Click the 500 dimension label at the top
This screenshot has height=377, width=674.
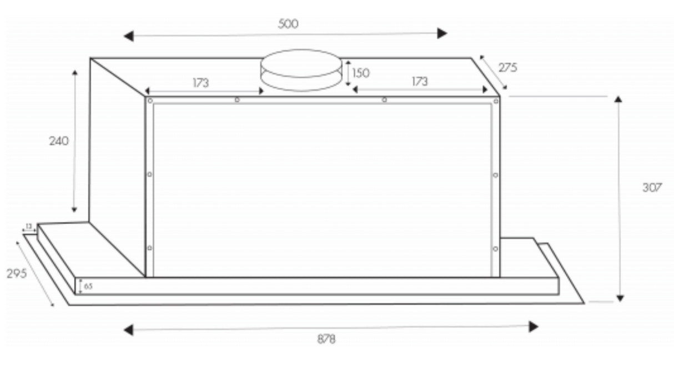click(288, 24)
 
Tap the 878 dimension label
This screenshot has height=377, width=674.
click(326, 339)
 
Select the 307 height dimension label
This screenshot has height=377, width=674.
click(652, 188)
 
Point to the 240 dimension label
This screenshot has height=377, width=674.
click(59, 141)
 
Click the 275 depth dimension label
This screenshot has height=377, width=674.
click(507, 68)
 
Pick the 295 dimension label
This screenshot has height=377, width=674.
click(17, 274)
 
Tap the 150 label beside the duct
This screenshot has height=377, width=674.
click(361, 73)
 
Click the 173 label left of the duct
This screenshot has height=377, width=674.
click(200, 83)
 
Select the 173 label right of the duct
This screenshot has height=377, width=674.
click(420, 82)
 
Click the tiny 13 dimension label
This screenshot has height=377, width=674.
click(29, 226)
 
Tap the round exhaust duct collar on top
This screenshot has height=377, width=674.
click(301, 69)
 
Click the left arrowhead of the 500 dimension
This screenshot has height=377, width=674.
click(128, 37)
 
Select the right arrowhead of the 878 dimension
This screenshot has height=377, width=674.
click(534, 326)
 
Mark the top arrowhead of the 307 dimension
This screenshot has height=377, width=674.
click(618, 99)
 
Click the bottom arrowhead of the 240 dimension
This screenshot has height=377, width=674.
click(74, 209)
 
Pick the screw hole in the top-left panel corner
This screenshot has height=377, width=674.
click(150, 100)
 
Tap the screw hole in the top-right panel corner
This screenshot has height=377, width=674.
click(495, 101)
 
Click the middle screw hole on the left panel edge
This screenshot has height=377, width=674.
click(149, 174)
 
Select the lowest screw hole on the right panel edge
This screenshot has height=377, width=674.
click(495, 248)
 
